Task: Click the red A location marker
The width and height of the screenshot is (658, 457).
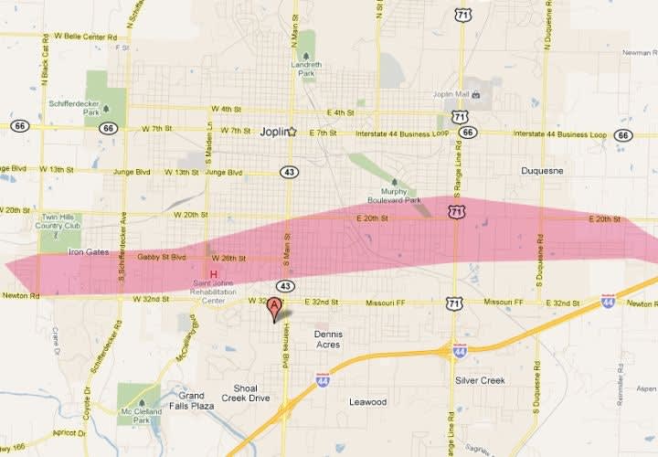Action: click(273, 310)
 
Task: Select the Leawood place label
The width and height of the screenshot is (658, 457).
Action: click(367, 401)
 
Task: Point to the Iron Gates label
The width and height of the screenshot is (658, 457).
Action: click(88, 250)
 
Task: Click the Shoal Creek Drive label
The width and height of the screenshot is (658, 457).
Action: click(251, 393)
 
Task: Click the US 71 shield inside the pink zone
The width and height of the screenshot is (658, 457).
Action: click(455, 212)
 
